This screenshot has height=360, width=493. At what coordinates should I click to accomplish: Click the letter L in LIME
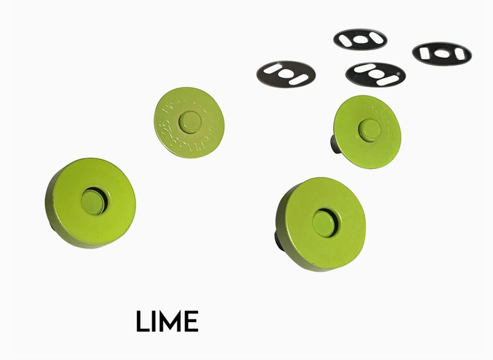[143, 321]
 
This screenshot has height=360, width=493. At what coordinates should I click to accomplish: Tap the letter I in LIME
[155, 321]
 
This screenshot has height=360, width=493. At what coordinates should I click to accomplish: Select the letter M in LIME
[171, 321]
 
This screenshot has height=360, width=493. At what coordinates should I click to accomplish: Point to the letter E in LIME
[191, 321]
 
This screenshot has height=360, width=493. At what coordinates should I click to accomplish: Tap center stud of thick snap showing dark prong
[323, 222]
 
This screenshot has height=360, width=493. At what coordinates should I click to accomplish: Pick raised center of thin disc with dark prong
[368, 129]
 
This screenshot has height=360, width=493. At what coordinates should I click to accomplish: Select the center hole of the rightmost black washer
[442, 53]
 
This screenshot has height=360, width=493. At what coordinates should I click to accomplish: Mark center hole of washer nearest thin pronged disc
[375, 74]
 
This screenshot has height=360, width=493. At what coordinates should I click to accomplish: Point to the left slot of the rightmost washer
[428, 54]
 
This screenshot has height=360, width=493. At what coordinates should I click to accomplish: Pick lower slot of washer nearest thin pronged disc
[387, 80]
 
